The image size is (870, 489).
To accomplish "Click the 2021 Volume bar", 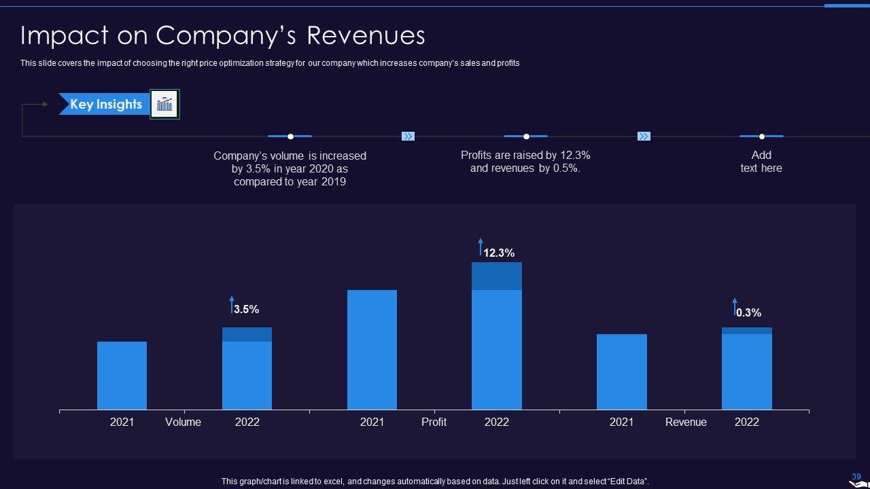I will [122, 375].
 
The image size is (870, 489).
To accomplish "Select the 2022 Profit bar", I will [496, 336].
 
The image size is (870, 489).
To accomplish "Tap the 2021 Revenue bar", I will [621, 372].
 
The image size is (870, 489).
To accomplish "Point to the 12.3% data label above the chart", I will [499, 253].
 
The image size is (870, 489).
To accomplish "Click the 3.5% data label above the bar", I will [246, 309].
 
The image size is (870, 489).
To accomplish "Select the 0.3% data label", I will [748, 312].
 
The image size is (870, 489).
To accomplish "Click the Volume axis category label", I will [183, 422].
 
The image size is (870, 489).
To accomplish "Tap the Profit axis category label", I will [434, 422].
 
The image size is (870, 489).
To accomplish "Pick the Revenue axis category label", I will [685, 422].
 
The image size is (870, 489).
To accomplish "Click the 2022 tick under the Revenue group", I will [746, 422].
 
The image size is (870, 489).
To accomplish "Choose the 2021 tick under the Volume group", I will [122, 422].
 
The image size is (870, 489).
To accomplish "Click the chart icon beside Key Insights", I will [164, 104].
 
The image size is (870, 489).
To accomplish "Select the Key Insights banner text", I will [106, 104].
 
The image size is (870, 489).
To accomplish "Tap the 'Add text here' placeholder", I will [761, 162].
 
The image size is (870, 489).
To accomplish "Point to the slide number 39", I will [856, 477].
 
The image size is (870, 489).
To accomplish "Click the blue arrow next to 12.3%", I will [481, 246].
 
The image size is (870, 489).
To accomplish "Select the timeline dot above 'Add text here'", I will [761, 137].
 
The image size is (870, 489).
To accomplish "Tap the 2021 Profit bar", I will [372, 350].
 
